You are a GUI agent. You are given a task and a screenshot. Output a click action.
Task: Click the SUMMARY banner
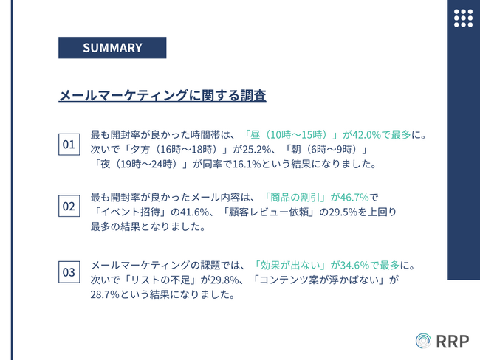tap(112, 48)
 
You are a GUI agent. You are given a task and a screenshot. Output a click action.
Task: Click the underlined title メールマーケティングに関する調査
tap(162, 95)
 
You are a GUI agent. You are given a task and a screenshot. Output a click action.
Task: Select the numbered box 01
tap(69, 145)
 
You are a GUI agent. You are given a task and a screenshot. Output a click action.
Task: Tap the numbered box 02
tap(69, 206)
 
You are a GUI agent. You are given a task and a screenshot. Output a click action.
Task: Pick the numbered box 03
tap(69, 272)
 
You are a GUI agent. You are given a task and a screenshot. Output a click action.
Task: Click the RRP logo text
tap(453, 342)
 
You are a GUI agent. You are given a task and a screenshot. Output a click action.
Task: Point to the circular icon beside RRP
tap(423, 341)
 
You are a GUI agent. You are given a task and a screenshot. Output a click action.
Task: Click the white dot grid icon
tap(463, 18)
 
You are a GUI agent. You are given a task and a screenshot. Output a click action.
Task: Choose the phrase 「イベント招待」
tap(131, 212)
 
